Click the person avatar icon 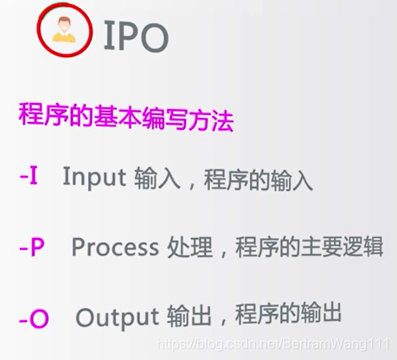[x=64, y=29]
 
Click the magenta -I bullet [x=29, y=176]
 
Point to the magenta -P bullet [x=32, y=247]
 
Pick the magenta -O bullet [x=34, y=318]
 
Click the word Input [x=94, y=177]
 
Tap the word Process [x=115, y=247]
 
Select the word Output [x=117, y=318]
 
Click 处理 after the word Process [x=190, y=247]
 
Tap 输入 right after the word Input [x=157, y=178]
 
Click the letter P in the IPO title [x=126, y=36]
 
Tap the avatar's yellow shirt [x=64, y=37]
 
